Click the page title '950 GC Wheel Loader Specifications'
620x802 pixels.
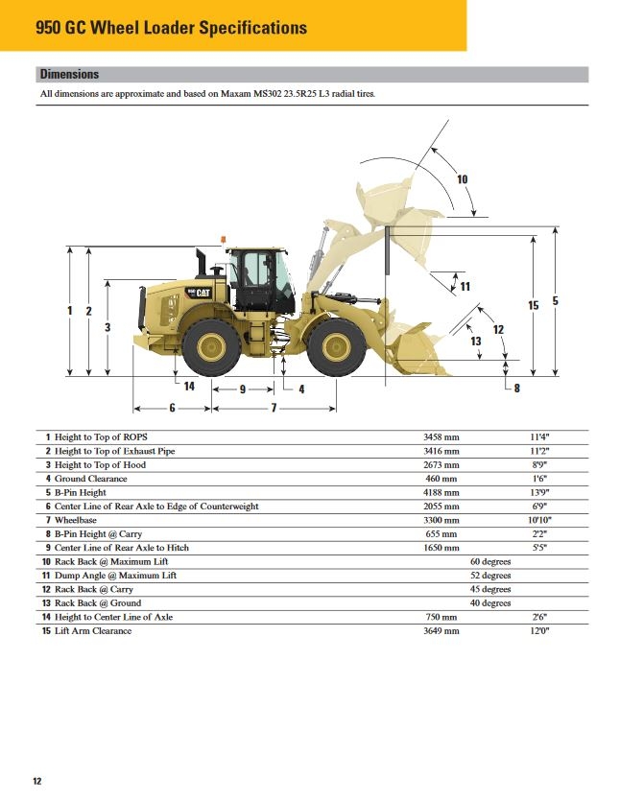tap(171, 28)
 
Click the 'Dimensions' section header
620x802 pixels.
tap(69, 74)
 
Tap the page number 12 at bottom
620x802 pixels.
tap(37, 781)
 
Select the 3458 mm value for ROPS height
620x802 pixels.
tap(441, 436)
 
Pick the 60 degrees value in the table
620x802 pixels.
tap(489, 561)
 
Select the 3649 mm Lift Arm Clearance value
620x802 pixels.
tap(441, 631)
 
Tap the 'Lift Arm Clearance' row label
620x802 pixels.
tap(93, 631)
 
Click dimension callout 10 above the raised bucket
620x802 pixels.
tap(462, 179)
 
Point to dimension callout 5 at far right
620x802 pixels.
tap(555, 301)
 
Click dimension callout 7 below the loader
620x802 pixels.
tap(274, 408)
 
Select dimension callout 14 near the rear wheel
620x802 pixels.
tap(189, 387)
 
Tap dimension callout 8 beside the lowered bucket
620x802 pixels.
tap(516, 389)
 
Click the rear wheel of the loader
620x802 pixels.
tap(211, 346)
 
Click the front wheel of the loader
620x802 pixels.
tap(337, 346)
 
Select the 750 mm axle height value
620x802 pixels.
tap(441, 617)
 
